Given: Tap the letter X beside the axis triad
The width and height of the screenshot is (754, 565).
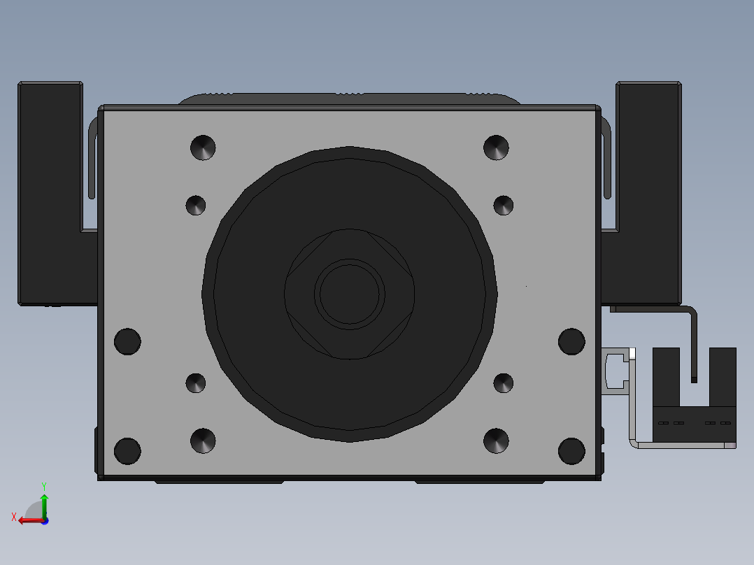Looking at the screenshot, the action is pos(13,517).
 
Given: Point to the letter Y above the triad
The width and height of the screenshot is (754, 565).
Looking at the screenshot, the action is pos(44,486).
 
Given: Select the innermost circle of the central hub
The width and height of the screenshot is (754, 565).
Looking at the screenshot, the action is pos(350,294).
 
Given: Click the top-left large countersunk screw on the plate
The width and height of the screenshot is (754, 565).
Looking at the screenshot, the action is pos(203,148).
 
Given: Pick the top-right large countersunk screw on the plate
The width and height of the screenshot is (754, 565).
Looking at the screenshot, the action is pos(497,148).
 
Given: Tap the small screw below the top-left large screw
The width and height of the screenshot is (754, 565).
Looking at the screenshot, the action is pos(196,206).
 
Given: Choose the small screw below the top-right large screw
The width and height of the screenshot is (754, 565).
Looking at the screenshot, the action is pos(504,206).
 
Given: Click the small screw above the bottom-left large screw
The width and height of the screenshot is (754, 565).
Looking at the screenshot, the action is pos(196,383).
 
